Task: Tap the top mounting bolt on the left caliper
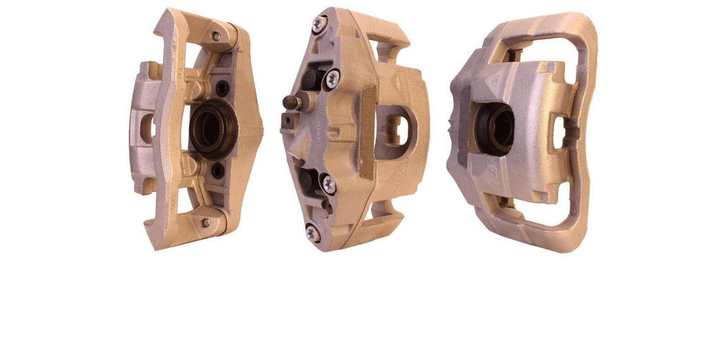tap(216, 36)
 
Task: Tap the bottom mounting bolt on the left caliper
tap(206, 222)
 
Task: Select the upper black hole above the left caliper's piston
tap(222, 88)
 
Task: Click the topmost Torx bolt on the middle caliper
tap(318, 24)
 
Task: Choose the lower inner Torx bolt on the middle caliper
tap(329, 183)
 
